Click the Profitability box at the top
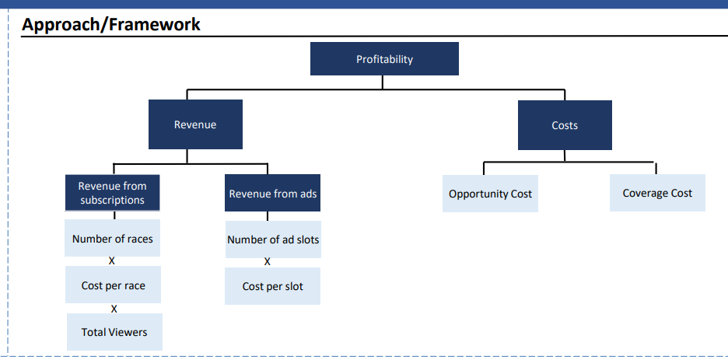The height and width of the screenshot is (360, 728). tap(384, 59)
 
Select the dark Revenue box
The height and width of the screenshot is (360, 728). tap(195, 124)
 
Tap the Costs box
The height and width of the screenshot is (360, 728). tap(565, 125)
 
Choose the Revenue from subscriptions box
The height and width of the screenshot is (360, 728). tap(112, 193)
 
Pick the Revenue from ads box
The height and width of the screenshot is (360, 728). tap(272, 193)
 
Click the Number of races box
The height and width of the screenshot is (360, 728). tap(112, 238)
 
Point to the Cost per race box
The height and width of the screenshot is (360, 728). tap(113, 285)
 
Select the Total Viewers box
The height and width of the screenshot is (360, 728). tap(114, 332)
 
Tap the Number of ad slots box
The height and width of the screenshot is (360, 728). tap(273, 239)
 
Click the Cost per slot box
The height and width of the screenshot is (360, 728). tap(272, 286)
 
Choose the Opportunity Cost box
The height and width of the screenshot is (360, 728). tap(490, 194)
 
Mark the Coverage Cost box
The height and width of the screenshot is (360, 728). tap(657, 193)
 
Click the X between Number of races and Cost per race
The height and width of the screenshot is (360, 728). tap(111, 261)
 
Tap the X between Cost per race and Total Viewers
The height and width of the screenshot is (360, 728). tap(114, 309)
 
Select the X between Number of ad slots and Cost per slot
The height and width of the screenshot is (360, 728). tap(267, 262)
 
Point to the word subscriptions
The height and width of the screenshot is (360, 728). tap(112, 201)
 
